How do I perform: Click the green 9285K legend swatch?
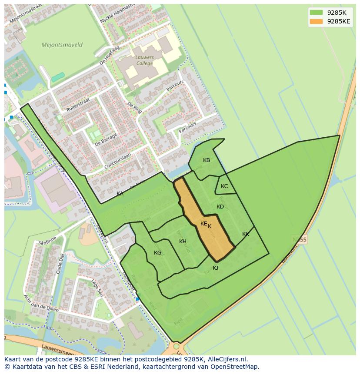point(317,13)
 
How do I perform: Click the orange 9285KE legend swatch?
point(317,21)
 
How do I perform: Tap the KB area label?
point(207,160)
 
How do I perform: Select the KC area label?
point(224,186)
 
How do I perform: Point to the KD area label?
point(220,207)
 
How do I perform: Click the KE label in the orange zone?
point(203,224)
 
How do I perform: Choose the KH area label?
point(183,242)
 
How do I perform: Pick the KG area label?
point(158,253)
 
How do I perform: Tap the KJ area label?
point(215,268)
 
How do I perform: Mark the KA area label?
point(120,194)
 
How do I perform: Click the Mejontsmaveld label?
point(62,45)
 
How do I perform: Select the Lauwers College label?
point(144,60)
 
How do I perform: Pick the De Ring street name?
point(135,107)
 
